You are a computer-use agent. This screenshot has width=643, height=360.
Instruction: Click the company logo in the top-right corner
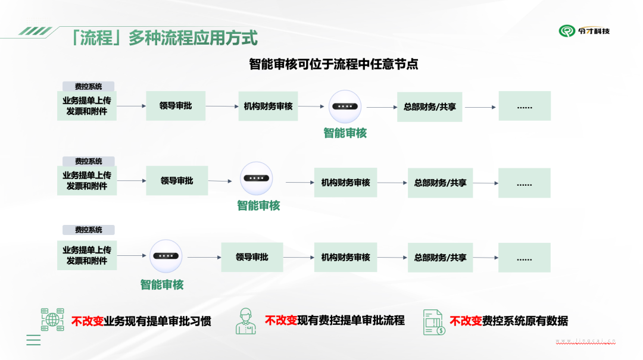[584, 31]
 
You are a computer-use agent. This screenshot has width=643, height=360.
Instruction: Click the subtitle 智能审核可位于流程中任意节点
[333, 64]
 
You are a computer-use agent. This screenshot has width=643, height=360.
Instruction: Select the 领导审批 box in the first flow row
[176, 106]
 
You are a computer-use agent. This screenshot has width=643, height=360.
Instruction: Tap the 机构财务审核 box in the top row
[268, 106]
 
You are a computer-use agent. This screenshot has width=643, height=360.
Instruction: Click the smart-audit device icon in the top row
[345, 107]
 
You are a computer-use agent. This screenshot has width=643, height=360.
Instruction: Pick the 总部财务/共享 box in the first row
[430, 107]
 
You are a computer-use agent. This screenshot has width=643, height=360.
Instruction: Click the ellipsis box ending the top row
[525, 106]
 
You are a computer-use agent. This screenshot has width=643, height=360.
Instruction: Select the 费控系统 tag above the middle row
[88, 161]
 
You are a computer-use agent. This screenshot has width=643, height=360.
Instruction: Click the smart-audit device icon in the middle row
[257, 179]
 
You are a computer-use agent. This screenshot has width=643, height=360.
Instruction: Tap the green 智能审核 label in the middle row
[258, 206]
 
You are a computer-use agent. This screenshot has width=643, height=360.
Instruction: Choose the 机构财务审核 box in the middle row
[345, 183]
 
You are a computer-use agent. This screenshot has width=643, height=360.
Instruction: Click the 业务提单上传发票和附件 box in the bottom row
[87, 255]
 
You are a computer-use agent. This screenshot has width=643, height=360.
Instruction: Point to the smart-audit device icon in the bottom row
[166, 256]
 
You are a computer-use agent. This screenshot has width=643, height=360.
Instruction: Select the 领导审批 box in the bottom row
[252, 257]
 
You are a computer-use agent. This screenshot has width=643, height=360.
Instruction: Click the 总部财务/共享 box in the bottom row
[440, 258]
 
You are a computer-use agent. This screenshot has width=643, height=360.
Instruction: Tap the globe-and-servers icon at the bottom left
[52, 320]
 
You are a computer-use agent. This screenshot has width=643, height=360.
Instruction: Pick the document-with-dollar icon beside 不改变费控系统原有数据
[434, 322]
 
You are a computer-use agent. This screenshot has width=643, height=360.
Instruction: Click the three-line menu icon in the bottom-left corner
[33, 340]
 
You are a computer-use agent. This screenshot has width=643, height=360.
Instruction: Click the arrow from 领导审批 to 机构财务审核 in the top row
[222, 107]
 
